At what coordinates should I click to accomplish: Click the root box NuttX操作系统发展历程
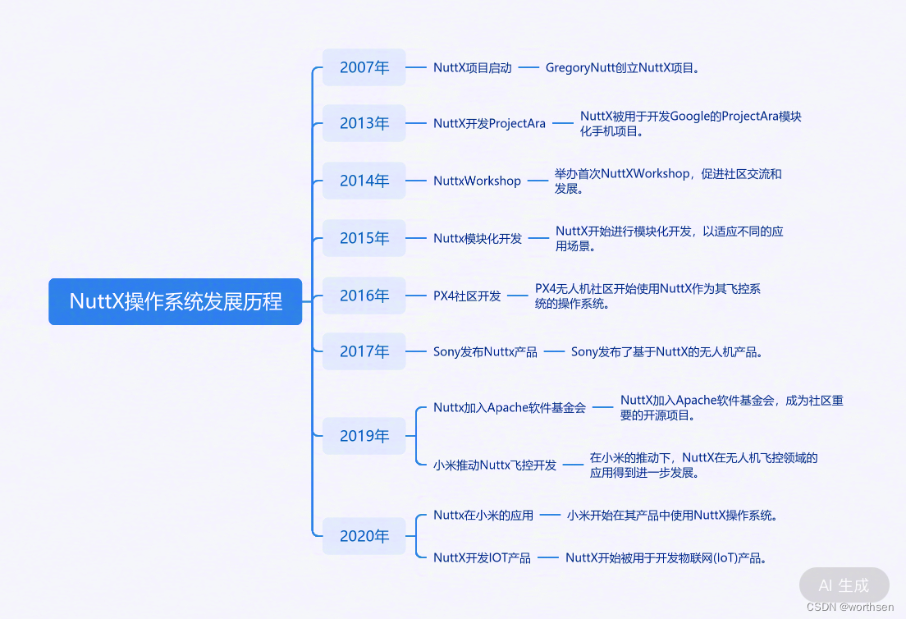pyautogui.click(x=176, y=301)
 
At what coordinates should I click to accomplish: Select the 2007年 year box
pyautogui.click(x=364, y=67)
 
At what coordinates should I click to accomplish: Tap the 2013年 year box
pyautogui.click(x=364, y=123)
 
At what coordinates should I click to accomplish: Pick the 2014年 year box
pyautogui.click(x=364, y=181)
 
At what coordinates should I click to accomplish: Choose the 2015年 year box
pyautogui.click(x=364, y=238)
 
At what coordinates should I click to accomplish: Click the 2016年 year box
pyautogui.click(x=364, y=296)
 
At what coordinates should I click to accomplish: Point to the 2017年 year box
pyautogui.click(x=364, y=351)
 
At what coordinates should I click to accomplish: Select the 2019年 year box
pyautogui.click(x=364, y=436)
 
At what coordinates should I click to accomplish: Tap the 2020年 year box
pyautogui.click(x=364, y=536)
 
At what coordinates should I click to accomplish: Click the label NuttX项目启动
pyautogui.click(x=473, y=68)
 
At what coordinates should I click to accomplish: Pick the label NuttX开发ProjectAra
pyautogui.click(x=489, y=124)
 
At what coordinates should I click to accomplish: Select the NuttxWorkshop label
pyautogui.click(x=477, y=181)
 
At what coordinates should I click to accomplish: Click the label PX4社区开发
pyautogui.click(x=467, y=296)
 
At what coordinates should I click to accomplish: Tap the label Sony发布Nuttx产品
pyautogui.click(x=485, y=352)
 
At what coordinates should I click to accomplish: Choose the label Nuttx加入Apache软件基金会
pyautogui.click(x=510, y=407)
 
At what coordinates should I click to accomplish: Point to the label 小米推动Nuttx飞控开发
pyautogui.click(x=495, y=465)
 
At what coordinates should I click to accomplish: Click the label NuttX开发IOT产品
pyautogui.click(x=482, y=558)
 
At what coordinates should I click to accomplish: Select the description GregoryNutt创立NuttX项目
pyautogui.click(x=623, y=68)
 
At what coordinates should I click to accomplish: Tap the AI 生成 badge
pyautogui.click(x=844, y=585)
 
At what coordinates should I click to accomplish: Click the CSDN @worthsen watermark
pyautogui.click(x=850, y=607)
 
